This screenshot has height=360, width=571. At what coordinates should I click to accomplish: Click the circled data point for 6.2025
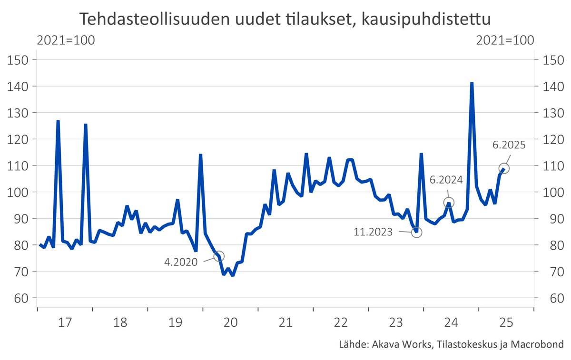(x=504, y=168)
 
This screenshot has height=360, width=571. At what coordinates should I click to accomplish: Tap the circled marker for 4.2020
(x=219, y=256)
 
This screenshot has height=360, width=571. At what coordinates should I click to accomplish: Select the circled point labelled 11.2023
(x=416, y=232)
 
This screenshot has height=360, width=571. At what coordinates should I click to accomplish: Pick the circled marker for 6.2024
(x=449, y=203)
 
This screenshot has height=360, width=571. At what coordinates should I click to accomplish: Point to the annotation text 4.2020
(x=181, y=262)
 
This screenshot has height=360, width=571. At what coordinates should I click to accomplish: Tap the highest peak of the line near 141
(x=472, y=83)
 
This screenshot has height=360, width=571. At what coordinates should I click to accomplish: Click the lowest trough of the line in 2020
(x=232, y=275)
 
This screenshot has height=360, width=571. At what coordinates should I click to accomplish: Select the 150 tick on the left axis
(x=20, y=60)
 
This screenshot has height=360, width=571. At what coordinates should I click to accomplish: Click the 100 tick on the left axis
(x=20, y=193)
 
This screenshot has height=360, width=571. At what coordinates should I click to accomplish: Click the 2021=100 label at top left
(x=66, y=40)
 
